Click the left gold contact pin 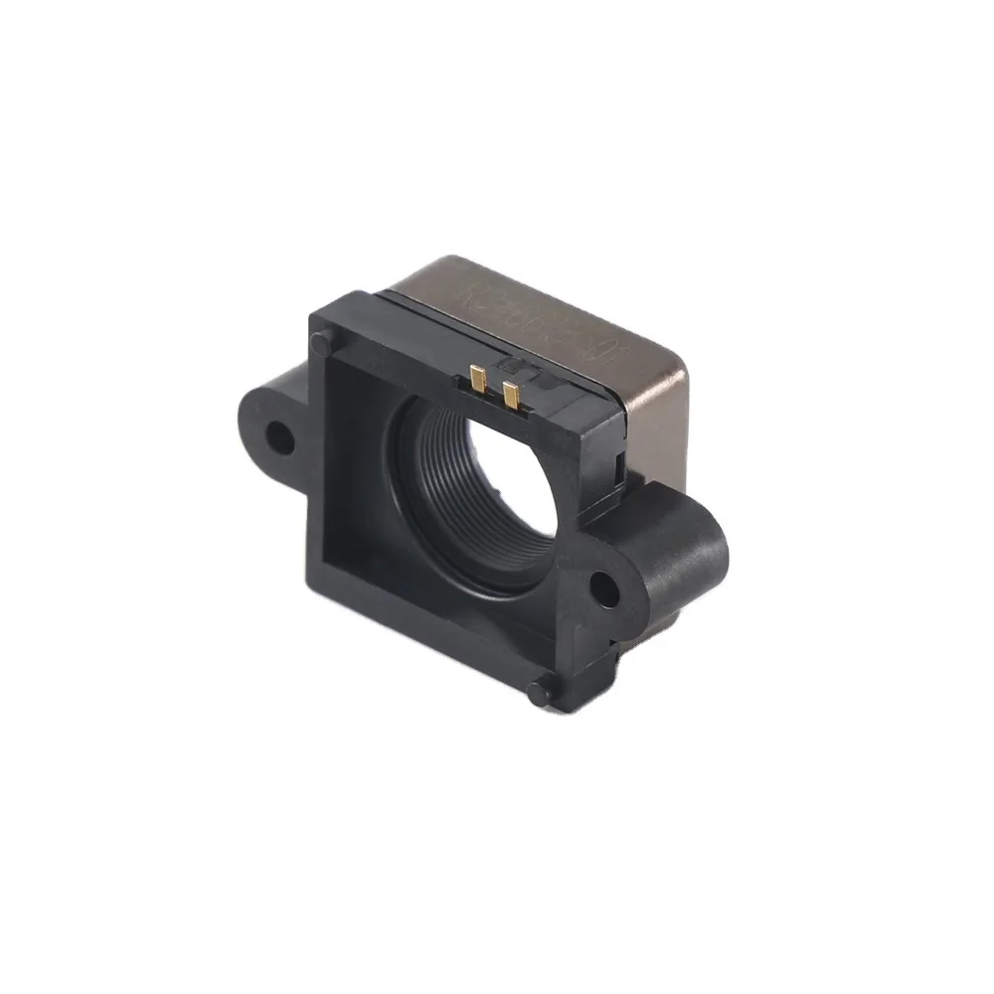pyautogui.click(x=478, y=378)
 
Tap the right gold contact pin pyautogui.click(x=511, y=394)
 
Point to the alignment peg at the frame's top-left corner pyautogui.click(x=320, y=343)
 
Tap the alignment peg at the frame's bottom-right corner pyautogui.click(x=538, y=692)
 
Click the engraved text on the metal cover pyautogui.click(x=517, y=308)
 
